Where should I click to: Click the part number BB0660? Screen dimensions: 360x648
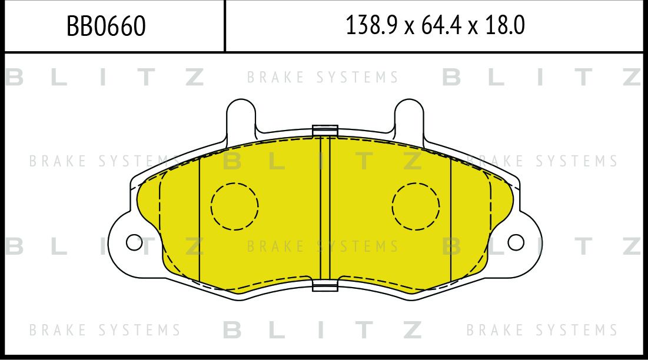tap(106, 26)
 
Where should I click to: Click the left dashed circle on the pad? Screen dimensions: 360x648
tap(234, 206)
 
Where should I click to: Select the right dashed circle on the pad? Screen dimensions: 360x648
tap(416, 206)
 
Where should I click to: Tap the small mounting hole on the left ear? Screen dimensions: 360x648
tap(134, 242)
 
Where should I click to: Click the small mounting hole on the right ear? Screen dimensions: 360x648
tap(516, 242)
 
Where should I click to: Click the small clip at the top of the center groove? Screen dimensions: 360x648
tap(325, 131)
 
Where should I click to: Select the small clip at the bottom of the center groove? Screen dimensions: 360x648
tap(325, 286)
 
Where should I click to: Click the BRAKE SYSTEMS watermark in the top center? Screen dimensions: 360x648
tap(323, 78)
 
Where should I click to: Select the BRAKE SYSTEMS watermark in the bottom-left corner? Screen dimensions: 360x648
tap(105, 330)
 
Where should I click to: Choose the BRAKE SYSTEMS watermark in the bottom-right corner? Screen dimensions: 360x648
tap(542, 330)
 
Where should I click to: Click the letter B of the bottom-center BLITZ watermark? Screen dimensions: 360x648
tap(233, 330)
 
